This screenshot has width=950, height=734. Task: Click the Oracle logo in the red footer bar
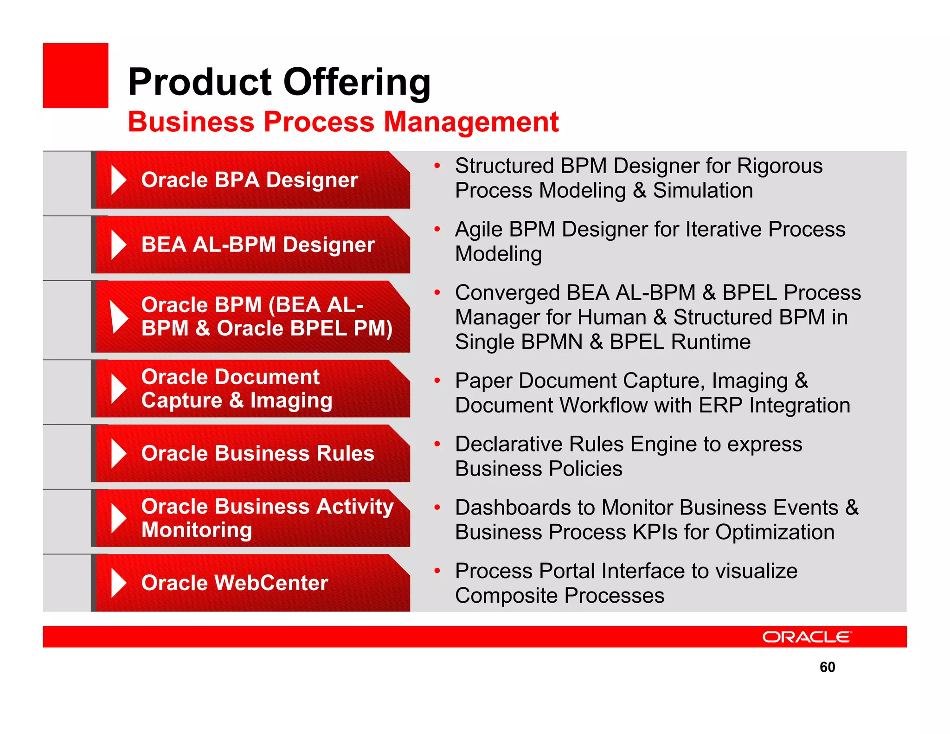[x=807, y=637]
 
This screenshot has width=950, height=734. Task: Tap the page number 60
[x=827, y=667]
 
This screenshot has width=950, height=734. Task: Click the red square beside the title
[x=76, y=76]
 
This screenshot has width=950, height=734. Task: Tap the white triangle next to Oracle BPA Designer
[x=119, y=180]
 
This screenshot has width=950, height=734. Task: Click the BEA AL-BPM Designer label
[x=257, y=245]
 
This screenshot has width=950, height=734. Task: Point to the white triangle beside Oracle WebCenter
[x=119, y=583]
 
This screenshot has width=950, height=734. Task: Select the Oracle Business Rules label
[x=257, y=453]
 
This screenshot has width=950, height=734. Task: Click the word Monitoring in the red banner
[x=197, y=530]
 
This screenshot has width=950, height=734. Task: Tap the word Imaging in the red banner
[x=291, y=400]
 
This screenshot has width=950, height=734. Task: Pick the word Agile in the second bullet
[x=478, y=229]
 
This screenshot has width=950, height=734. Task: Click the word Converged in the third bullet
[x=507, y=293]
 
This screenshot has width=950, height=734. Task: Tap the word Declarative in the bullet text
[x=509, y=444]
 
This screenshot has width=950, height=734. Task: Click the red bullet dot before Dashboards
[x=436, y=507]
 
